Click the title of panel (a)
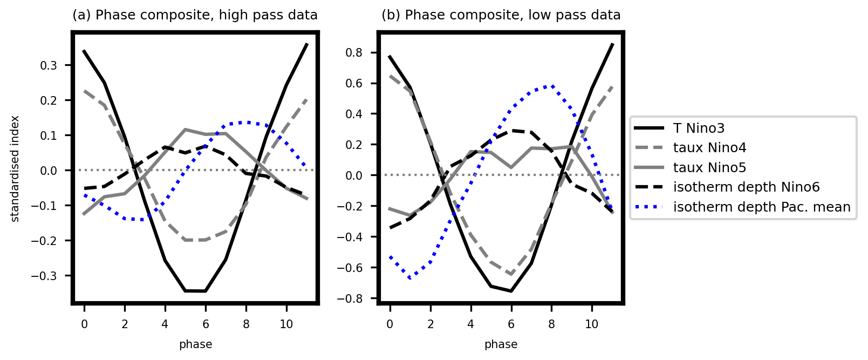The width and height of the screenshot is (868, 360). (x=195, y=15)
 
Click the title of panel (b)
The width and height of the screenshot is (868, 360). (x=501, y=15)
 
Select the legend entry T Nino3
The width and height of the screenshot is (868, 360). (x=699, y=128)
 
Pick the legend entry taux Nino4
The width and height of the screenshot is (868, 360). (x=709, y=148)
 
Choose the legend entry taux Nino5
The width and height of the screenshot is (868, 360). (x=709, y=168)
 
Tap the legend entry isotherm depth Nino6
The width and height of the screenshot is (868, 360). (x=746, y=187)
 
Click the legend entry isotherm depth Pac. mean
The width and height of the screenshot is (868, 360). (x=762, y=207)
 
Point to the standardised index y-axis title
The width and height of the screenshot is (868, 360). (x=15, y=168)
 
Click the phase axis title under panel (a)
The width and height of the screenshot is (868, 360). (x=195, y=344)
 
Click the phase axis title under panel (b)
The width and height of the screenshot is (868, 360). (x=501, y=344)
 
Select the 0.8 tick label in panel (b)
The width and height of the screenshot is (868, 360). (x=354, y=52)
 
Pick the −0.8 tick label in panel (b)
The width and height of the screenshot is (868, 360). (x=351, y=298)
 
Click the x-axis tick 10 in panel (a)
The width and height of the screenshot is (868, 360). (x=286, y=324)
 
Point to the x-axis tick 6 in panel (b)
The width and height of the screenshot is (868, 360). (x=511, y=324)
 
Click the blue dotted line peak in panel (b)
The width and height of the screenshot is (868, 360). (x=551, y=86)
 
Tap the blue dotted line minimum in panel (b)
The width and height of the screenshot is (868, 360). (x=411, y=278)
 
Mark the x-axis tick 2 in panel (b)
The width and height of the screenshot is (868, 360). (x=430, y=324)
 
